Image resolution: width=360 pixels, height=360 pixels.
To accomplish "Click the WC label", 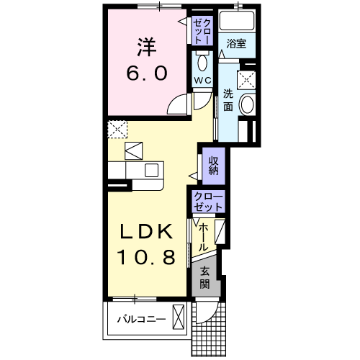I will (x=201, y=80).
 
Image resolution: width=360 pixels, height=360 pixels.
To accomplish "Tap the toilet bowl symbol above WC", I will (x=201, y=60).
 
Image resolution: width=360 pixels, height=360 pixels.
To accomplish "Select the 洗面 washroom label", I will (x=228, y=100).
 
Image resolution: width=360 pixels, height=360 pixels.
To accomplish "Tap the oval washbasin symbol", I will (x=246, y=106).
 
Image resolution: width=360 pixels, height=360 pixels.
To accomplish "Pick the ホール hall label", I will (x=204, y=237).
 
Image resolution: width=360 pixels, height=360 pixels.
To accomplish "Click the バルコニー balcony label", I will (x=140, y=318).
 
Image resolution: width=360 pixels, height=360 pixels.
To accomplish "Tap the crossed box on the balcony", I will (x=179, y=318).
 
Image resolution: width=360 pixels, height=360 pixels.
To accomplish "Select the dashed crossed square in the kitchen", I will (x=115, y=130).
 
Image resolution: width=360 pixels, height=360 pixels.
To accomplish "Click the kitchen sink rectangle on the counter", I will (x=152, y=171).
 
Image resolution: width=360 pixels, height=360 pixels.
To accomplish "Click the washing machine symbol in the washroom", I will (x=248, y=79).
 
